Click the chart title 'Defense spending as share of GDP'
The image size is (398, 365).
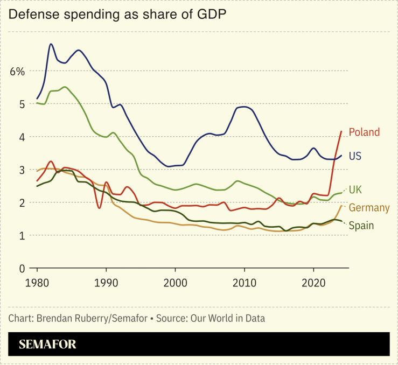(116, 15)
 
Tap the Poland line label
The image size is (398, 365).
(364, 132)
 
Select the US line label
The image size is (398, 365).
(355, 156)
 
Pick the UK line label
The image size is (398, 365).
(355, 189)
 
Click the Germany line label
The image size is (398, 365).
(369, 208)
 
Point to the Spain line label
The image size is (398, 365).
(361, 226)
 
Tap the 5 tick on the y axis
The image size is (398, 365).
(22, 104)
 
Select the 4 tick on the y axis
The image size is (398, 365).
(22, 137)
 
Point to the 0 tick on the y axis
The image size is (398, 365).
(22, 268)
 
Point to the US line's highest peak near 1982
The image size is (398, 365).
(51, 44)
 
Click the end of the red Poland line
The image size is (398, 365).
(341, 131)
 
